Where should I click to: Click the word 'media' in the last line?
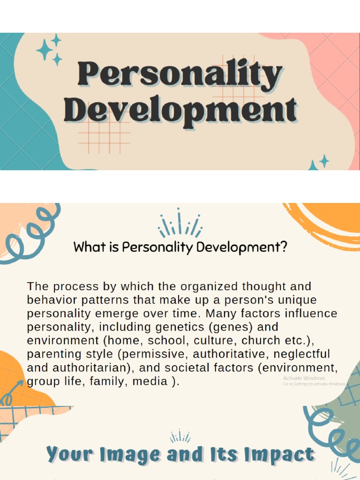pyautogui.click(x=150, y=382)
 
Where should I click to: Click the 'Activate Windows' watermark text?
pyautogui.click(x=304, y=378)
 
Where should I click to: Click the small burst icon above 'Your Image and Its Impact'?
pyautogui.click(x=180, y=437)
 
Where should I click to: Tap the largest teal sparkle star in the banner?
pyautogui.click(x=45, y=50)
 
